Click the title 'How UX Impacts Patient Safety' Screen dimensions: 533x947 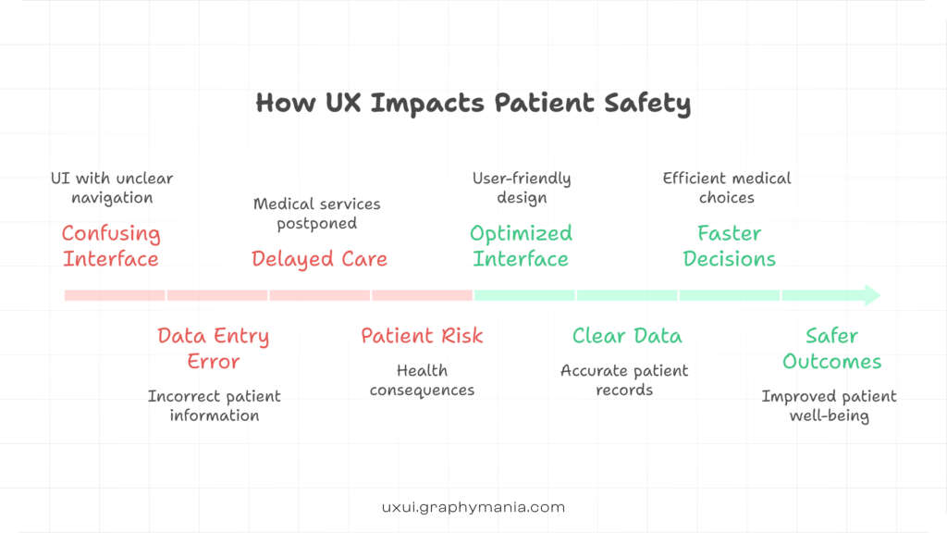[473, 102]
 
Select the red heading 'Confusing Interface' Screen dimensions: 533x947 [111, 246]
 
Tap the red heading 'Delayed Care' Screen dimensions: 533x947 [319, 259]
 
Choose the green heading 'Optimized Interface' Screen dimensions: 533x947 [521, 246]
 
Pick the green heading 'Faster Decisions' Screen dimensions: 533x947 [729, 246]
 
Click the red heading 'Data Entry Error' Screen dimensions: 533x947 [214, 349]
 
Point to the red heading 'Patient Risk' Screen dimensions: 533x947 [422, 336]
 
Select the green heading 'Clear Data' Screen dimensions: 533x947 [626, 336]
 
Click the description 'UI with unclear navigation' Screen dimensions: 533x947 [112, 188]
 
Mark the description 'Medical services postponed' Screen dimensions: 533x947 [317, 214]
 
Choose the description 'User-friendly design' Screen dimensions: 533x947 [522, 188]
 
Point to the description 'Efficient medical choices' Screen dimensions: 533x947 [727, 188]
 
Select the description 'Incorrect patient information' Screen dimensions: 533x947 [215, 406]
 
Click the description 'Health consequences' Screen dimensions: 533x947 [422, 380]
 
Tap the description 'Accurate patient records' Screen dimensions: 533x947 [624, 380]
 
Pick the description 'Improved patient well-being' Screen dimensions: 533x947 [829, 406]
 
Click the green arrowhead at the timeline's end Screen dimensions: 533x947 [870, 296]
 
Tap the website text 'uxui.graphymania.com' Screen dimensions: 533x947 [473, 507]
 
